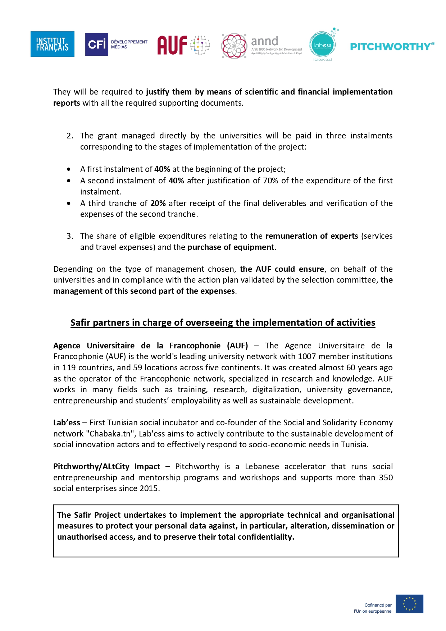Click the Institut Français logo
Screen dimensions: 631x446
click(53, 44)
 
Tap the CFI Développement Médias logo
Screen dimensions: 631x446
click(116, 44)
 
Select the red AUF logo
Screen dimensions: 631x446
click(183, 45)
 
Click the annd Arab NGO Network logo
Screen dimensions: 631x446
click(262, 46)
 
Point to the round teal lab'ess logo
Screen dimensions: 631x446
click(322, 45)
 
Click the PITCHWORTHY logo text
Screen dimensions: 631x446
click(392, 46)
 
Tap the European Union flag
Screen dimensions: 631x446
click(409, 604)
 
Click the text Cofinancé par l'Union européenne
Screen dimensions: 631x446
click(373, 608)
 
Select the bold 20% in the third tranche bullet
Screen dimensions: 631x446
click(158, 203)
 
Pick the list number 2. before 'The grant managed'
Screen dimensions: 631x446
click(70, 136)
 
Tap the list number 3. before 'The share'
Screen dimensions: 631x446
click(70, 236)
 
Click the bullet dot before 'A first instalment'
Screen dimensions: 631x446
click(69, 169)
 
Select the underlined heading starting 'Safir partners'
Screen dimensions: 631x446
click(223, 323)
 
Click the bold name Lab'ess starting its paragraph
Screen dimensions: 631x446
click(67, 422)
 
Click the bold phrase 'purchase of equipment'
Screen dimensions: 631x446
click(231, 247)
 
